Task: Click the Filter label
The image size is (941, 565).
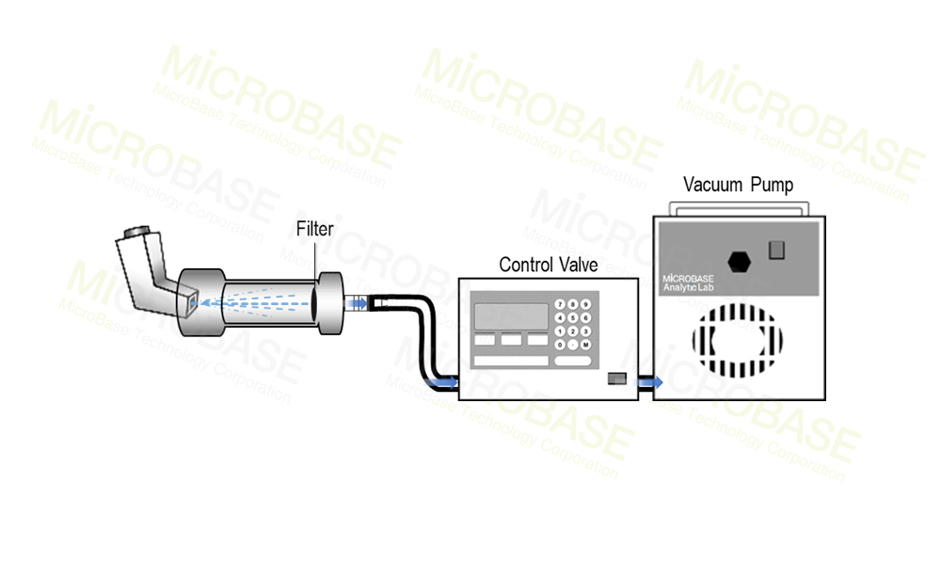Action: pyautogui.click(x=314, y=228)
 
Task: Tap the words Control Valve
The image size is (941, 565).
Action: pyautogui.click(x=548, y=265)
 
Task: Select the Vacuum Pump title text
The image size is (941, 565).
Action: pyautogui.click(x=738, y=185)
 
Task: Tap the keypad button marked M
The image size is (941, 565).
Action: pyautogui.click(x=585, y=345)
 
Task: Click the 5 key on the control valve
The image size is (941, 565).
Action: pyautogui.click(x=573, y=317)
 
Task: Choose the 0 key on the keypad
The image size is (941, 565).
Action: pyautogui.click(x=561, y=345)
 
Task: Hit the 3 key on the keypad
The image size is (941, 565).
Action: pyautogui.click(x=585, y=331)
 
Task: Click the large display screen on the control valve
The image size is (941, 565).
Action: pyautogui.click(x=511, y=315)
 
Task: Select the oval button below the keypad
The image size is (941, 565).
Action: pyautogui.click(x=573, y=361)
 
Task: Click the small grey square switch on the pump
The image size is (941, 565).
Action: pyautogui.click(x=776, y=250)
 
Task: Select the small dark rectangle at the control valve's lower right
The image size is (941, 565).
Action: pyautogui.click(x=616, y=379)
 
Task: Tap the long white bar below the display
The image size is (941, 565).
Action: pyautogui.click(x=511, y=361)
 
